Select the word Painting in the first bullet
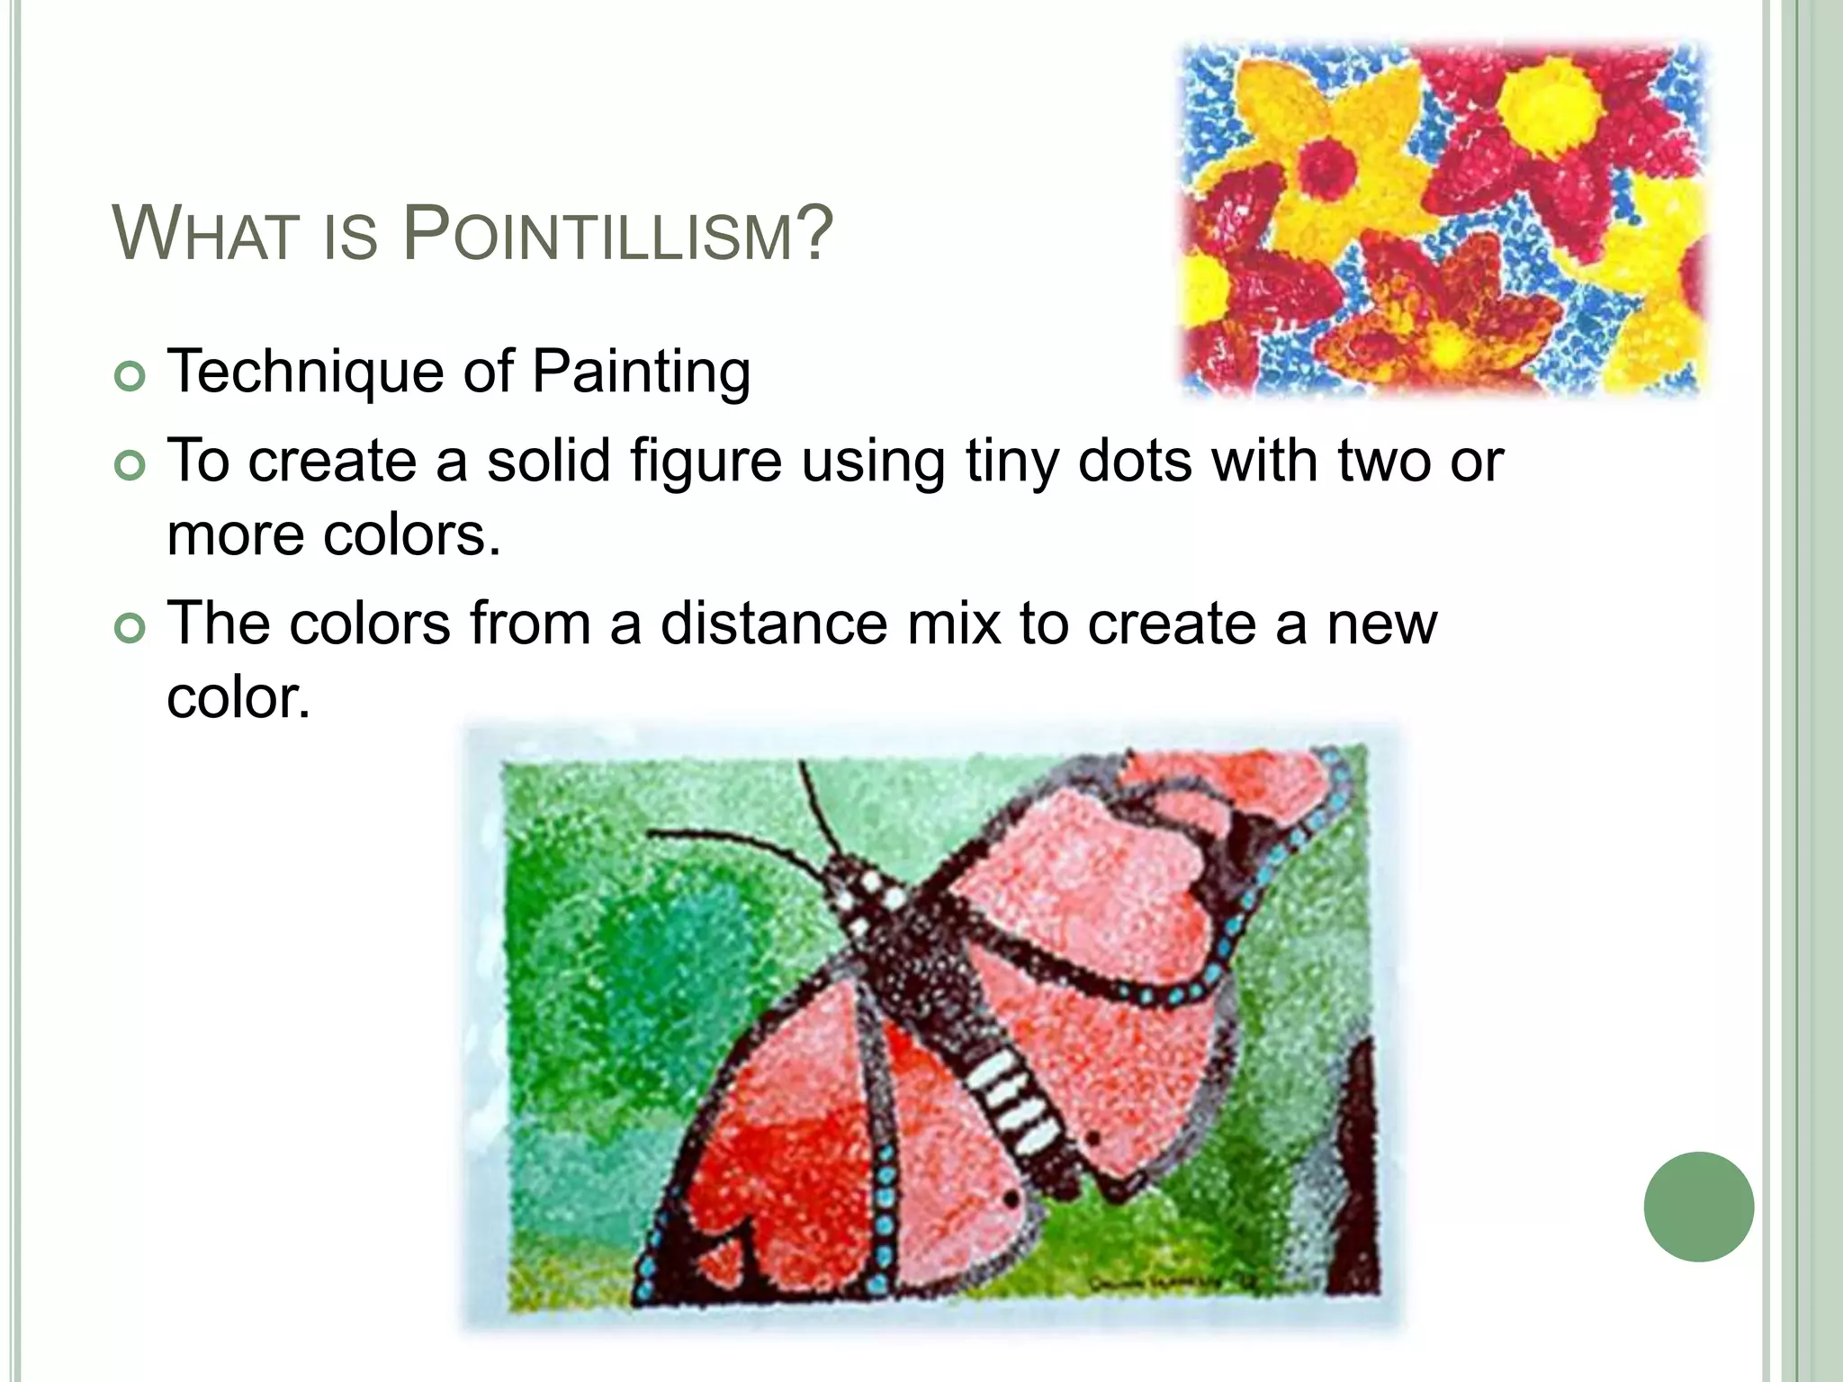pyautogui.click(x=641, y=372)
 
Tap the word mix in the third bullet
pyautogui.click(x=954, y=624)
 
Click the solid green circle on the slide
pyautogui.click(x=1698, y=1207)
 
